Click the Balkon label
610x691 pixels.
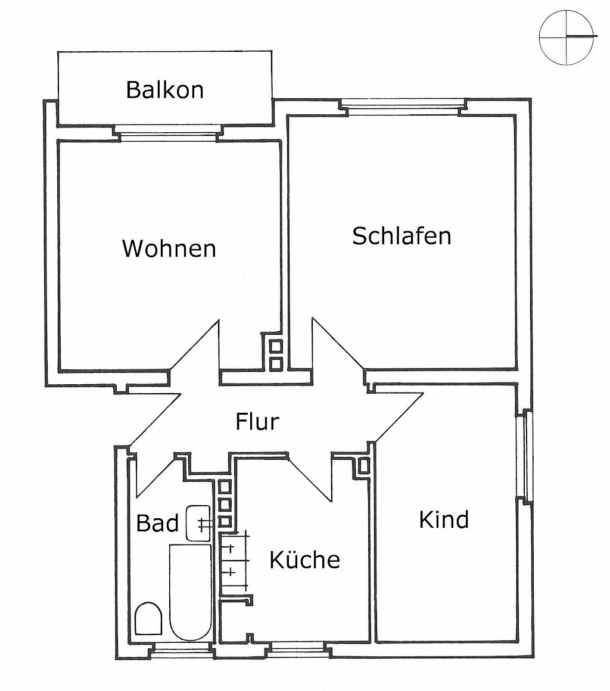coord(165,90)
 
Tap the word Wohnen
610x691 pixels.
coord(169,248)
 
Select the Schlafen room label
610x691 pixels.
coord(402,236)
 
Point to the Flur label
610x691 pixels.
coord(257,422)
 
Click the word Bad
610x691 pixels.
coord(157,523)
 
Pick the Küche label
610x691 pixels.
coord(304,560)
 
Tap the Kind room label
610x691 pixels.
coord(444,519)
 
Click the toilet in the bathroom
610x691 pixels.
coord(148,618)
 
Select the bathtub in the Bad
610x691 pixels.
coord(191,592)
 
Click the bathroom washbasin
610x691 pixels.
coord(198,523)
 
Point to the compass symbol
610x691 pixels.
coord(567,37)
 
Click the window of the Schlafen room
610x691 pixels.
coord(403,107)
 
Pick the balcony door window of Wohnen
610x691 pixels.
coord(168,133)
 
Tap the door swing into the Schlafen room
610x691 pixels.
coord(338,343)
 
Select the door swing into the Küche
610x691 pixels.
coord(310,478)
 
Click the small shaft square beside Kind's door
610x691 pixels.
coord(363,465)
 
